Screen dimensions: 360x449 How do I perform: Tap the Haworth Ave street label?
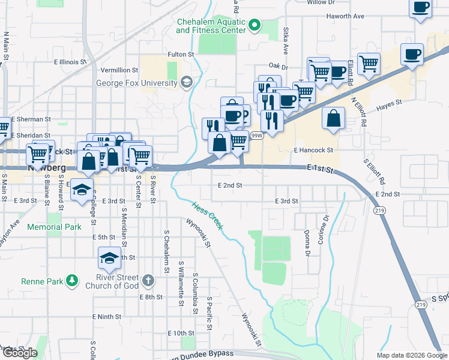point(345,16)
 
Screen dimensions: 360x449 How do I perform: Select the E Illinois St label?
point(71,62)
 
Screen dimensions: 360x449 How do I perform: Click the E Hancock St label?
point(313,151)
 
